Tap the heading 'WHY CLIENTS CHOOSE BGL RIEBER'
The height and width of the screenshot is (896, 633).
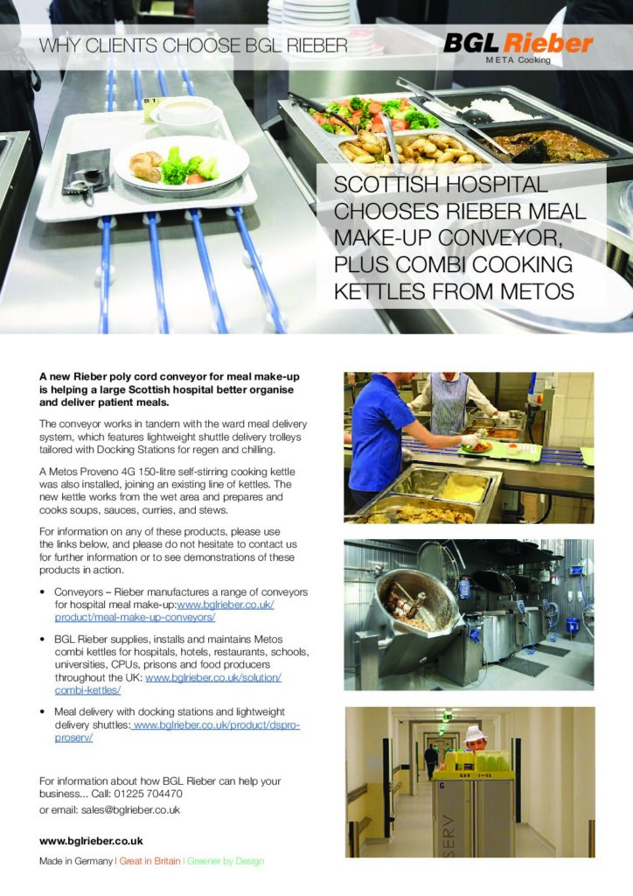pyautogui.click(x=193, y=45)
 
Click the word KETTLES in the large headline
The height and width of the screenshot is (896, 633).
pyautogui.click(x=379, y=291)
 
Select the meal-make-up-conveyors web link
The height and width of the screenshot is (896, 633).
pyautogui.click(x=164, y=611)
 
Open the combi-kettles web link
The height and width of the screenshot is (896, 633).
pyautogui.click(x=169, y=684)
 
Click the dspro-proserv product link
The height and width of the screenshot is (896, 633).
pyautogui.click(x=177, y=731)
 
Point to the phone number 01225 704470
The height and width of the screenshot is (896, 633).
pyautogui.click(x=149, y=794)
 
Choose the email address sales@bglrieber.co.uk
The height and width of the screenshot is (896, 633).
pyautogui.click(x=131, y=809)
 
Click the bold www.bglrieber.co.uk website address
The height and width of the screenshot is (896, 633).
pyautogui.click(x=91, y=841)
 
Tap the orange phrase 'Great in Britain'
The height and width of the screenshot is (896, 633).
pyautogui.click(x=150, y=861)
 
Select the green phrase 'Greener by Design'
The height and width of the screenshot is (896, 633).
pyautogui.click(x=226, y=861)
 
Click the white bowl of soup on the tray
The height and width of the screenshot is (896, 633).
pyautogui.click(x=186, y=115)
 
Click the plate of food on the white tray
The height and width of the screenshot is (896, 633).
pyautogui.click(x=180, y=165)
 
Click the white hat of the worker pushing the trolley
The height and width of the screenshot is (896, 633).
pyautogui.click(x=475, y=734)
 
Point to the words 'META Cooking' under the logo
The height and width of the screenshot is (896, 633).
pyautogui.click(x=518, y=60)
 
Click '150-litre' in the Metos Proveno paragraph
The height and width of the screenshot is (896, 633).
pyautogui.click(x=170, y=472)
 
